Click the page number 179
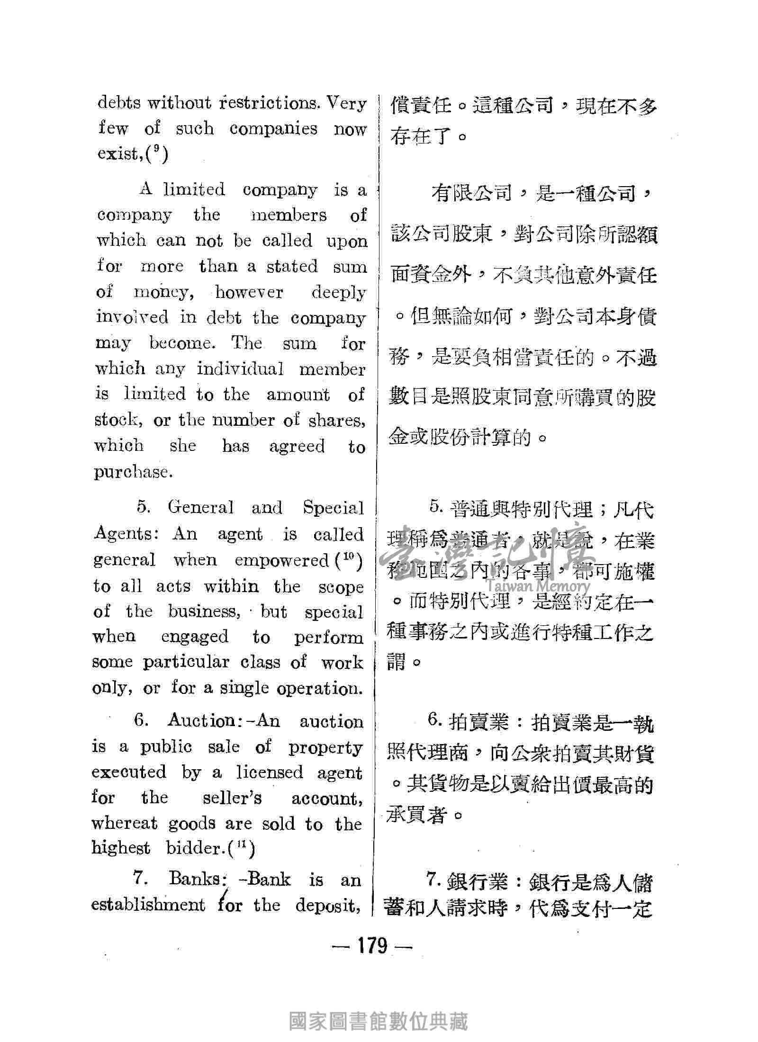pos(373,946)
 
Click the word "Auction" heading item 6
pos(201,721)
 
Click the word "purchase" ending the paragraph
pos(131,472)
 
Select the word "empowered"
pos(281,560)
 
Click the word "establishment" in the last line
pos(148,905)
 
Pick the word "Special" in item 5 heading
pos(333,508)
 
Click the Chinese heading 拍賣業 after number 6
pos(479,722)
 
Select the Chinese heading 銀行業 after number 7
pos(479,881)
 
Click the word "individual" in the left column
pos(240,368)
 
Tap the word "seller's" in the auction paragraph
pos(232,798)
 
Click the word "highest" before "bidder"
pos(121,848)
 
